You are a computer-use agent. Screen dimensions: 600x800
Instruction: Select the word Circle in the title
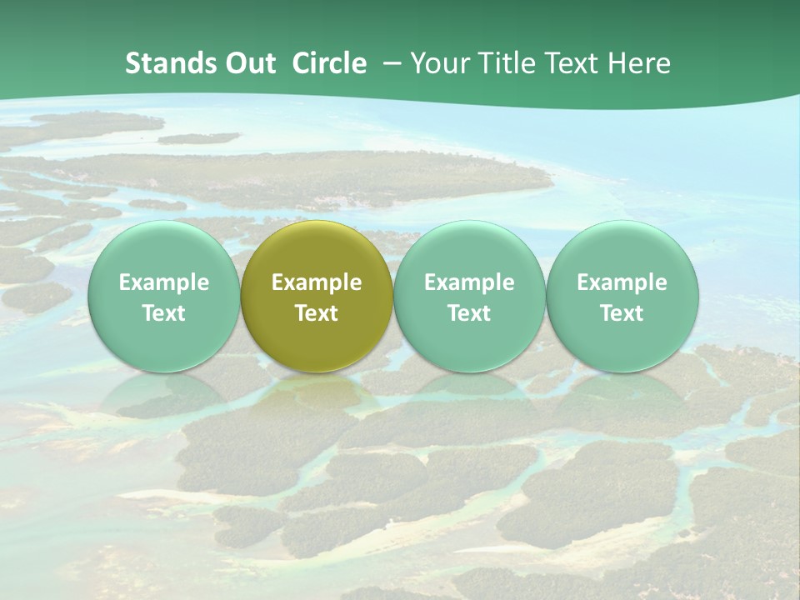(329, 63)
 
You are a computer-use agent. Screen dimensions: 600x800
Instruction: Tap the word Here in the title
(641, 63)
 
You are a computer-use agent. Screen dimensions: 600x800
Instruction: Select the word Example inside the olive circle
(317, 282)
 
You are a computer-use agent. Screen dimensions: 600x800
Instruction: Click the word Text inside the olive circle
(317, 313)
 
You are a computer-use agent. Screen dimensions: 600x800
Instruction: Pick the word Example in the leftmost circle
(163, 282)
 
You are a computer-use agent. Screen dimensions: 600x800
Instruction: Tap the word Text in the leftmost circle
(163, 313)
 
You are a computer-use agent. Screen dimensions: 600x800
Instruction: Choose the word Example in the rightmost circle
(622, 282)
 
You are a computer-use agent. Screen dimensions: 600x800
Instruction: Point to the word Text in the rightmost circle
(622, 313)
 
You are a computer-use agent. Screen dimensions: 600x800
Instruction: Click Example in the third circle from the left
(469, 282)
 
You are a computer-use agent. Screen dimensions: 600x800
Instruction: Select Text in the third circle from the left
(469, 313)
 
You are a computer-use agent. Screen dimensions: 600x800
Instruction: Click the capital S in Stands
(132, 63)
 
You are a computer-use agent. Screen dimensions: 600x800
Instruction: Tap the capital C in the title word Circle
(301, 63)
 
